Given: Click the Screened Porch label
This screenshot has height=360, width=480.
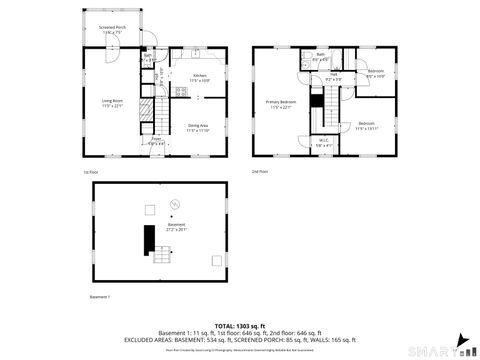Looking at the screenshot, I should point(111,30).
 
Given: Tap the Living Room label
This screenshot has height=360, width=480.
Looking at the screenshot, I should point(111,103).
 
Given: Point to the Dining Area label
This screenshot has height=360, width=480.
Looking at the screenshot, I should point(198,127).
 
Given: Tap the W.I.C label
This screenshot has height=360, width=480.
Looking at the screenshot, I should point(323,141).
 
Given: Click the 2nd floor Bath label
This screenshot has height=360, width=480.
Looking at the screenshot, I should point(320,58).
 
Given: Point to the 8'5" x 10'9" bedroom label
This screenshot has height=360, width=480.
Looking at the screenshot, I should point(375,73).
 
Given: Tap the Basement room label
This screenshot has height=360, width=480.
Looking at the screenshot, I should point(176,227).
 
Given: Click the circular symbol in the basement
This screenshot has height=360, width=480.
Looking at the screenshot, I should point(175,204).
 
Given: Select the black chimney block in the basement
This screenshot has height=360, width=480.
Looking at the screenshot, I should point(149,239).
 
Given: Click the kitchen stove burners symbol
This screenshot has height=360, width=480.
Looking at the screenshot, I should point(180,93).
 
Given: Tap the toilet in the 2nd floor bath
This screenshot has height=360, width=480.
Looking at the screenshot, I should point(304,62).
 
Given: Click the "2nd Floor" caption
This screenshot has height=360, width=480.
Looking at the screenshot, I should point(259,172).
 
